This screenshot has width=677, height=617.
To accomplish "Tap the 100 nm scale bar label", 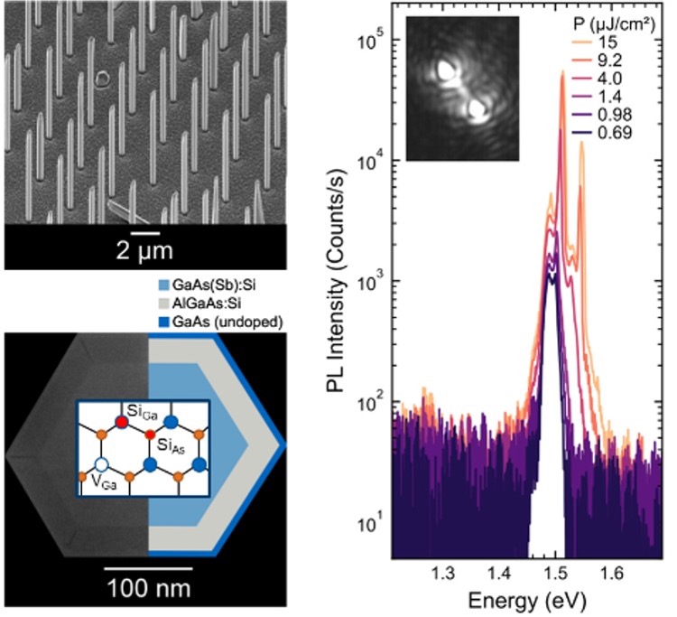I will pyautogui.click(x=147, y=596).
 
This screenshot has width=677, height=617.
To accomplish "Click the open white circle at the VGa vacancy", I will pyautogui.click(x=102, y=465).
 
